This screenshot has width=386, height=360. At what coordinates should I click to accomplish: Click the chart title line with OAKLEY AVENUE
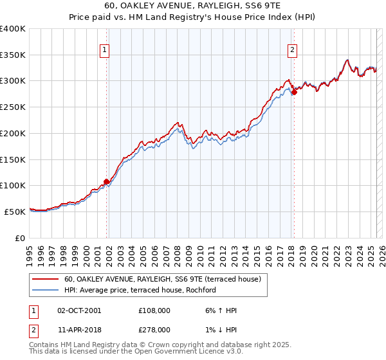193,4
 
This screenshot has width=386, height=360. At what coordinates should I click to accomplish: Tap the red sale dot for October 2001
106,181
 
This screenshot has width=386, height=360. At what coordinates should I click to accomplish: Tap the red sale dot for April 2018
294,93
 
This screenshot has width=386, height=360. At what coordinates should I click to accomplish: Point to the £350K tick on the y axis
13,55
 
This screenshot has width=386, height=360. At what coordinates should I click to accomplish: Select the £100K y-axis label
13,186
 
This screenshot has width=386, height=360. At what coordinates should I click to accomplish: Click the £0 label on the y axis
19,238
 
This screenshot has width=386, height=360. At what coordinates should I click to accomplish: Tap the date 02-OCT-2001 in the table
79,310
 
